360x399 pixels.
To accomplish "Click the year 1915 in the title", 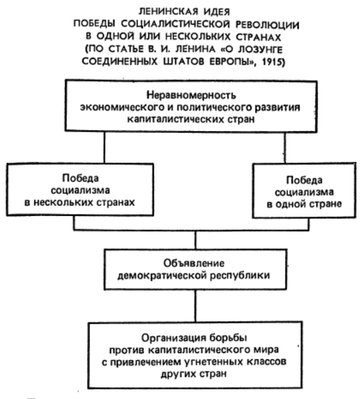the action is [x=273, y=62].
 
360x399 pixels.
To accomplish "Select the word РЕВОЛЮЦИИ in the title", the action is [x=267, y=25].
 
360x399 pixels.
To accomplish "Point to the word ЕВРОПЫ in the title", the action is [x=231, y=62].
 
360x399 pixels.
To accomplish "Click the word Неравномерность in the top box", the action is [x=191, y=95].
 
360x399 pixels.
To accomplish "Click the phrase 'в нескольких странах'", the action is [x=80, y=202].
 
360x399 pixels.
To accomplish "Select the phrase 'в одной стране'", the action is [x=304, y=204].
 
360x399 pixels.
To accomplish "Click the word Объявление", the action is [x=194, y=263].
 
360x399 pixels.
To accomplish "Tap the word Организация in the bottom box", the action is [x=173, y=338].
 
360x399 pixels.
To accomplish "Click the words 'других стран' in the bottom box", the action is [x=194, y=374].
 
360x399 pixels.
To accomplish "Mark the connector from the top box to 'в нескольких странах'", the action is [x=104, y=147].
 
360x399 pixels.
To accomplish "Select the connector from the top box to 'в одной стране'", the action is [x=285, y=147].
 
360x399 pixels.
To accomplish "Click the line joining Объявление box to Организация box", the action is [x=195, y=306].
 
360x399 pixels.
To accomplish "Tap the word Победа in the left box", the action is [x=80, y=178].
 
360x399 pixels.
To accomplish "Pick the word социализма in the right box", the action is [x=304, y=192].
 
